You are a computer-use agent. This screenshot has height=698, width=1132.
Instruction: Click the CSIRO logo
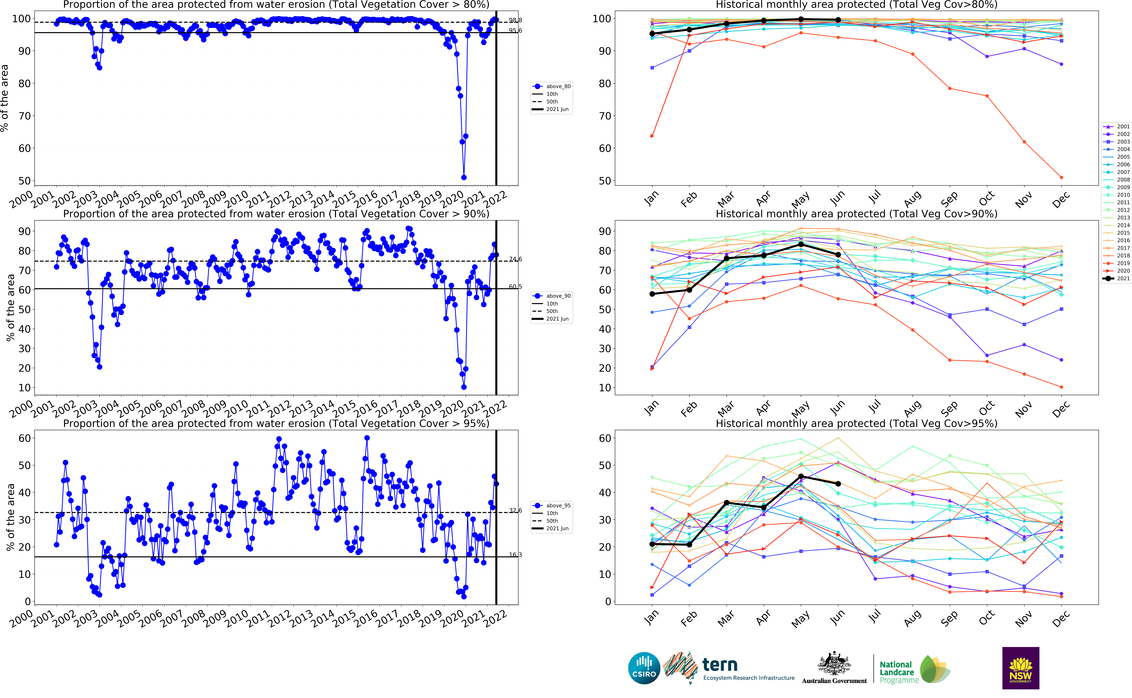tap(644, 668)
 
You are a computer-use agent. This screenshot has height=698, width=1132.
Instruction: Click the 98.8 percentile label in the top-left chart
tap(515, 20)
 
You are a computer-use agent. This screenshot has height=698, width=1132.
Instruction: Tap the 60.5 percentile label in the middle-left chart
tap(515, 287)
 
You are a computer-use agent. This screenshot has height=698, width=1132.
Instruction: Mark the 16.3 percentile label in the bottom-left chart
tap(515, 555)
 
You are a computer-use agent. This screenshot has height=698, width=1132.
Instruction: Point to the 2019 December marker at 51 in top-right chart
tap(1061, 177)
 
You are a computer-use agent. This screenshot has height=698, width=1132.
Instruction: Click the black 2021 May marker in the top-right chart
tap(801, 19)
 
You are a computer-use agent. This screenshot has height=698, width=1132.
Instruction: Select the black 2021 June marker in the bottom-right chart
tap(838, 484)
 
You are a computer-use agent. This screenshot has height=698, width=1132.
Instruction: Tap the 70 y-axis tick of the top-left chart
tap(24, 116)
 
